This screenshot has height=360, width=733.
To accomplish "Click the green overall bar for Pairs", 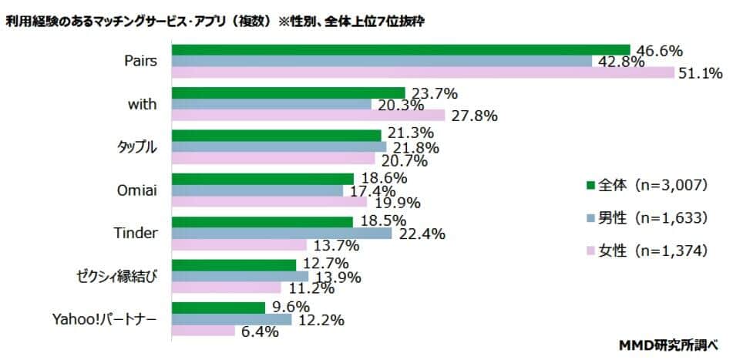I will coord(401,50).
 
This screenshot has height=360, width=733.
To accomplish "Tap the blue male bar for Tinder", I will coord(281,234).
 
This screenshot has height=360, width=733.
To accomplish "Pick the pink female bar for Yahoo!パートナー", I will coord(203,331).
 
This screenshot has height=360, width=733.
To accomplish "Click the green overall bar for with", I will coord(288,93).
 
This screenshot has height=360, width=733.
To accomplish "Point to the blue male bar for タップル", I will coord(279,146).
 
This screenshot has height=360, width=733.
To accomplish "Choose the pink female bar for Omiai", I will coord(270,201).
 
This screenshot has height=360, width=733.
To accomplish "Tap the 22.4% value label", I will coord(420,234).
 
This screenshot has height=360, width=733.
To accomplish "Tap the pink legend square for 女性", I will coord(591,251).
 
